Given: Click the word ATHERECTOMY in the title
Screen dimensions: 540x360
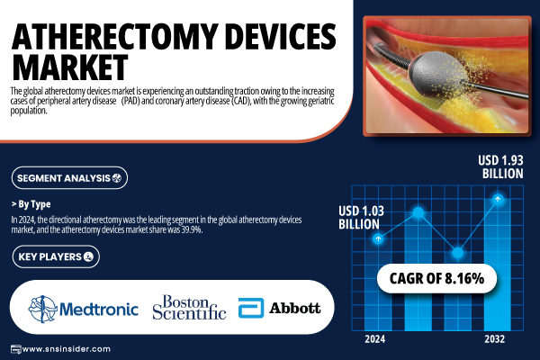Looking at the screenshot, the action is point(114,37).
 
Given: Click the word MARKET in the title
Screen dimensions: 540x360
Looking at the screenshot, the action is point(70,67).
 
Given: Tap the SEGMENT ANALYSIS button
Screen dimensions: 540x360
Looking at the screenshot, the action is point(69,178).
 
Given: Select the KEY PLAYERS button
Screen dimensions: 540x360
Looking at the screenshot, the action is point(56,256).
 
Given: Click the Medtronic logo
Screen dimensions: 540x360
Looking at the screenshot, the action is point(84,309).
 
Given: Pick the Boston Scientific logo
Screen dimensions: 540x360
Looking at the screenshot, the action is point(189,307).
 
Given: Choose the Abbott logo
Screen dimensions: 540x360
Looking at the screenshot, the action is point(279,308).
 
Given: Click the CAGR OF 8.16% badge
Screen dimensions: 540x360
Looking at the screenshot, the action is point(436,278).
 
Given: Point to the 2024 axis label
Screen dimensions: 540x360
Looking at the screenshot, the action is point(375,339).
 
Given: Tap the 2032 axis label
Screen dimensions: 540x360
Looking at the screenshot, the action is point(494,339).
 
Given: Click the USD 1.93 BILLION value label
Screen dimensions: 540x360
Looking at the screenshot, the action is point(500,166).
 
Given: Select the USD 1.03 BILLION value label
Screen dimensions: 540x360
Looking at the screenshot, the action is point(361,218).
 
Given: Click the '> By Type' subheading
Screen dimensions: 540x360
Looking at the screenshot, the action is point(31,204).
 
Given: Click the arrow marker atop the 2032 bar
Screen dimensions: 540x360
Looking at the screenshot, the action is point(498,199).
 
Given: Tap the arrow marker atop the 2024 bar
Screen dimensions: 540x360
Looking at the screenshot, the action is point(378,238).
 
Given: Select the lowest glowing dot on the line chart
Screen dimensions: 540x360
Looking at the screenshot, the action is point(458,253).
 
